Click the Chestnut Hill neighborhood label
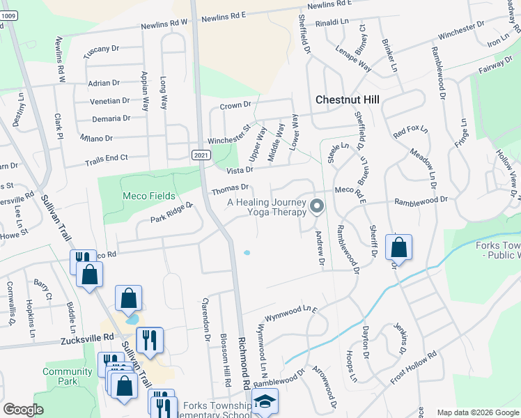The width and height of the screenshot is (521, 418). click(x=348, y=100)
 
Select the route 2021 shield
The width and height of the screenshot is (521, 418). click(x=201, y=155)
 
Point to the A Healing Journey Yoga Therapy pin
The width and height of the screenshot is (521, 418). click(x=317, y=206)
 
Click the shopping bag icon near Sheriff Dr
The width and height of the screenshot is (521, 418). click(x=398, y=248)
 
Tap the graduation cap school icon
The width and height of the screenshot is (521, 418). click(x=265, y=401)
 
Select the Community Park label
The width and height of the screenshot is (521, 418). click(x=67, y=376)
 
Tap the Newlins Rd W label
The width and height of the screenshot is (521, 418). click(x=164, y=22)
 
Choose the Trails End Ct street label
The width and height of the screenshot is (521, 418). click(x=107, y=160)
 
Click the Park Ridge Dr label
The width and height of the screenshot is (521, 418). click(x=171, y=212)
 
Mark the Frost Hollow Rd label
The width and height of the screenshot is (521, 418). click(x=413, y=365)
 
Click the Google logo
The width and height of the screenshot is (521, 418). click(x=24, y=409)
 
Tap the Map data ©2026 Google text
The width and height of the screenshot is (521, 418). click(x=477, y=412)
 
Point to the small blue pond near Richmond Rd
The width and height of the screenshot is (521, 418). click(x=247, y=253)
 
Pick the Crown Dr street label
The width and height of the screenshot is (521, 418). click(x=235, y=105)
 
